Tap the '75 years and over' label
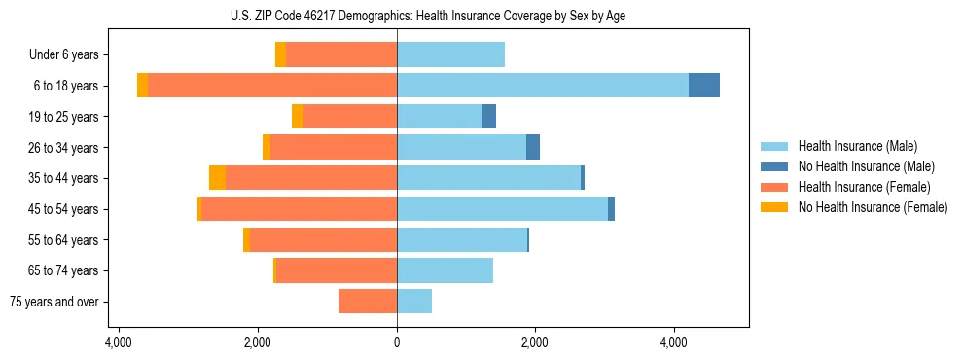(x=54, y=302)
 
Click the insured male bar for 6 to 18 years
(x=543, y=86)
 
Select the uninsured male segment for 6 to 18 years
(x=704, y=86)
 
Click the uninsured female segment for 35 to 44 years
(x=217, y=178)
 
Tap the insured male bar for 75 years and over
(x=414, y=302)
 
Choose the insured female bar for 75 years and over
(x=368, y=302)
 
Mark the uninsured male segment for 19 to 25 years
(x=488, y=117)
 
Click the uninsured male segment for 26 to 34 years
(x=533, y=147)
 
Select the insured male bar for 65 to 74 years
(x=445, y=270)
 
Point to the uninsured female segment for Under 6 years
(x=281, y=55)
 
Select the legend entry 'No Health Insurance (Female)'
(x=872, y=207)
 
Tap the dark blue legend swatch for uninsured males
(x=775, y=166)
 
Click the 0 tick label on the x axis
(x=397, y=342)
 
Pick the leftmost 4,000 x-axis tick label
(x=119, y=342)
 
